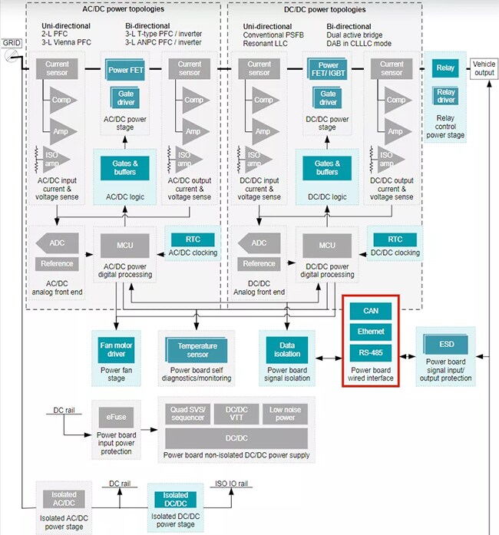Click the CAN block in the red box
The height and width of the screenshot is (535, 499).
tap(370, 311)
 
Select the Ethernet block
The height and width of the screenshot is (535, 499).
tap(370, 332)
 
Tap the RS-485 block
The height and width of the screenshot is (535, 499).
tap(370, 352)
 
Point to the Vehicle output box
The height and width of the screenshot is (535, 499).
tap(484, 68)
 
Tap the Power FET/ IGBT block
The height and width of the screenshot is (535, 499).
tap(328, 70)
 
